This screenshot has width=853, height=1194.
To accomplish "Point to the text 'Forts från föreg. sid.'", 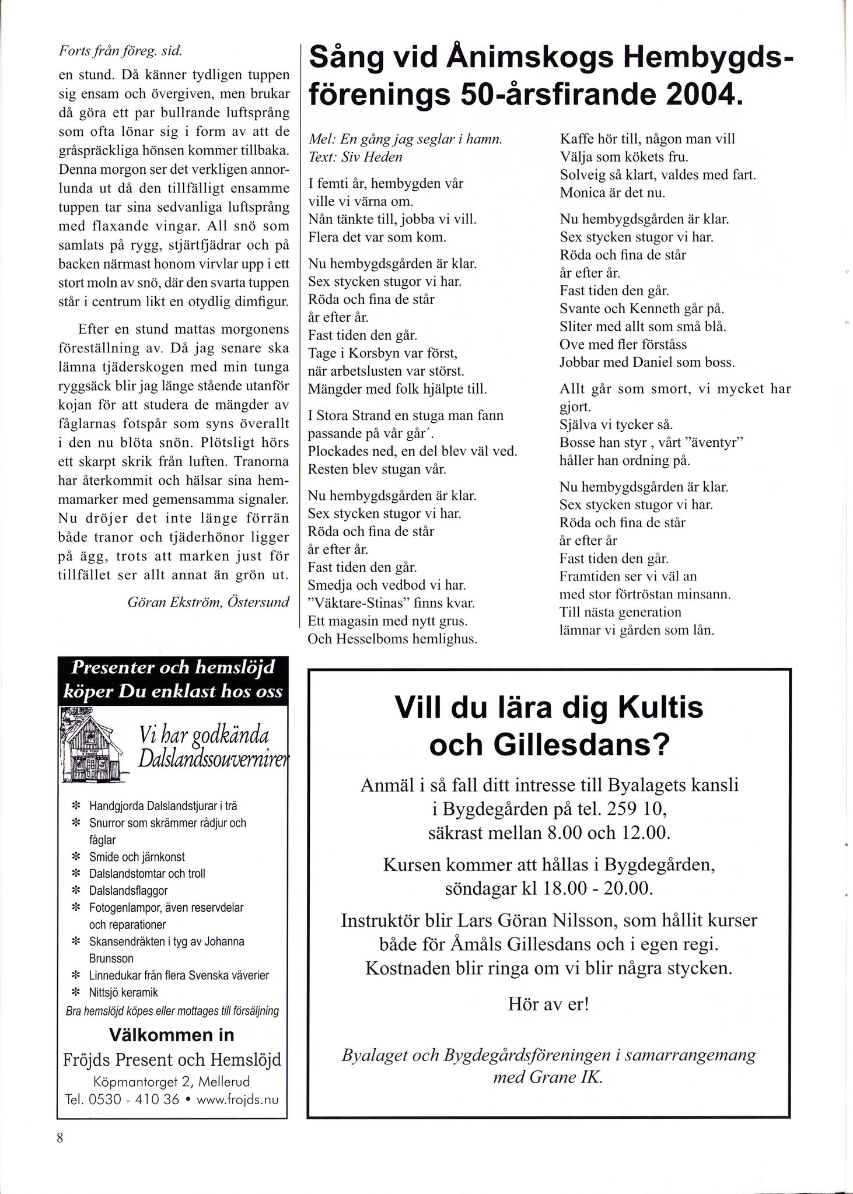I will point(121,51).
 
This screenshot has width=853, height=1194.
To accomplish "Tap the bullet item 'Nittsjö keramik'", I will point(123,992).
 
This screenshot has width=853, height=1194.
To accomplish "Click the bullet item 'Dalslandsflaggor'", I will point(128,891).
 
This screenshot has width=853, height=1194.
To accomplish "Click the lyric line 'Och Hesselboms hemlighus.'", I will point(393,639).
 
